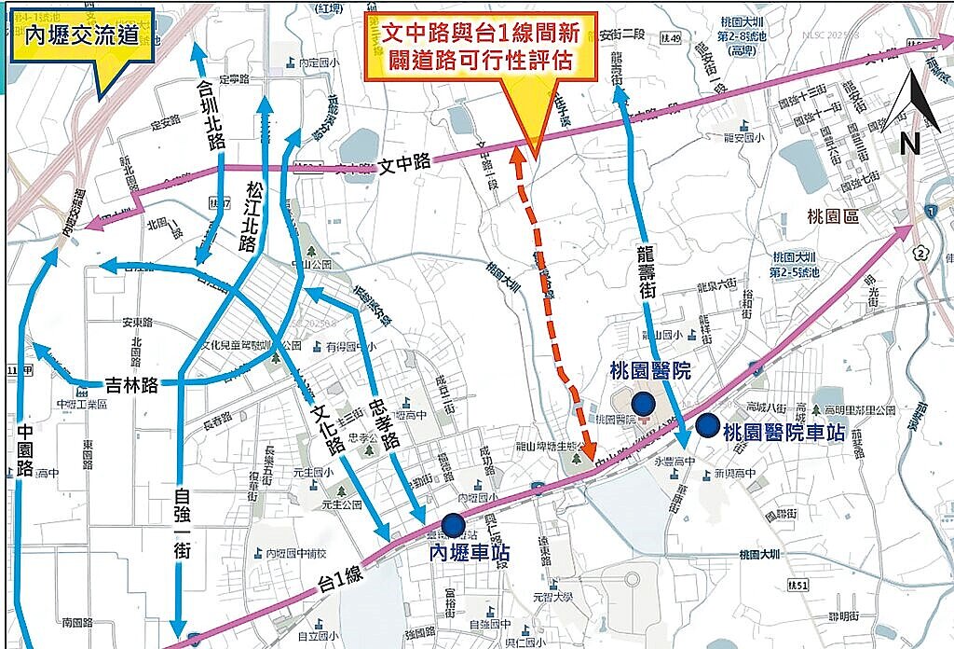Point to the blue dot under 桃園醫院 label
[x=642, y=403]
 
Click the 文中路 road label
[x=405, y=162]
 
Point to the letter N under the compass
[x=910, y=143]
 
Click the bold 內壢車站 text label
[x=469, y=552]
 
